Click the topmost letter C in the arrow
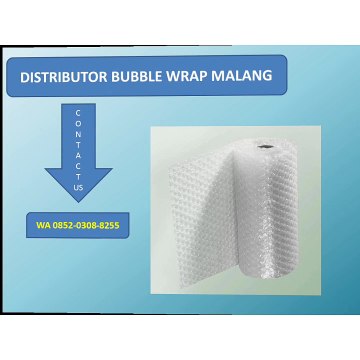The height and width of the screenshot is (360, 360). (79, 113)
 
